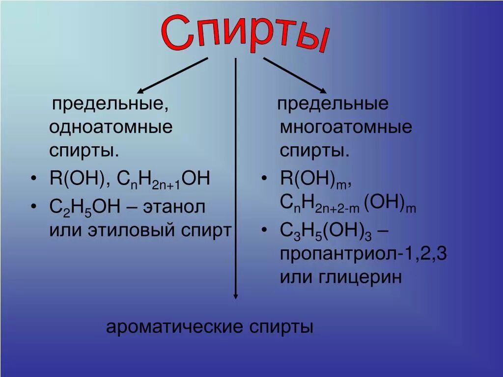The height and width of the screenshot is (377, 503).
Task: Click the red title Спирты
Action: (245, 34)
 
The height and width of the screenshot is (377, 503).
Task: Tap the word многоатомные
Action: (346, 128)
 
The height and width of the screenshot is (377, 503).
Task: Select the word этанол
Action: (174, 207)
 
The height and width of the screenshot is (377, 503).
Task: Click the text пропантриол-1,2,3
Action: (363, 254)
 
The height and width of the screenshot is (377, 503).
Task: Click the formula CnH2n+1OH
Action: (164, 180)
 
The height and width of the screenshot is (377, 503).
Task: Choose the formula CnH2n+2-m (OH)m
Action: (348, 204)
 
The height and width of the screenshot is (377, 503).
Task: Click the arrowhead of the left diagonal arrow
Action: (140, 91)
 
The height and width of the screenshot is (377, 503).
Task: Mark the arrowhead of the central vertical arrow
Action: (236, 296)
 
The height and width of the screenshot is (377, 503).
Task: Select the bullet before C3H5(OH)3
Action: (265, 230)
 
